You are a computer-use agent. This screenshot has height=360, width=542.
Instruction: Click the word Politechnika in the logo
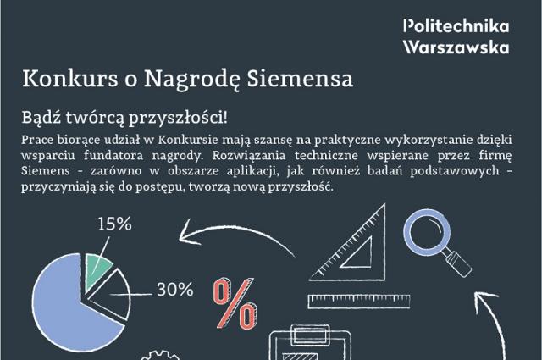click(x=456, y=26)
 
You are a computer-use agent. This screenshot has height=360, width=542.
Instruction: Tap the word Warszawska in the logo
click(x=456, y=47)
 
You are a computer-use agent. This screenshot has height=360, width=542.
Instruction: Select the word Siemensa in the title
click(x=300, y=79)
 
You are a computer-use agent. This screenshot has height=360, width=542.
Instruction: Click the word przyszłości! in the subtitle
click(x=179, y=118)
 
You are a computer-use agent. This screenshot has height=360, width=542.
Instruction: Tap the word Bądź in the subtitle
click(x=41, y=118)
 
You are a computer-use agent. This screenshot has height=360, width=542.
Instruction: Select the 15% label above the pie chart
click(x=115, y=224)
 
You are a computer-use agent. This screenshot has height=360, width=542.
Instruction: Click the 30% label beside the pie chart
click(x=175, y=290)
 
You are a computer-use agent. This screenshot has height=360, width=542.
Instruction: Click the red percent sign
click(x=235, y=303)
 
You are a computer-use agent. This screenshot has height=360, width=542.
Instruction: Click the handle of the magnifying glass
click(x=458, y=263)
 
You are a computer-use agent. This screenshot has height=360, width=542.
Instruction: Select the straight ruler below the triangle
click(x=359, y=302)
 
